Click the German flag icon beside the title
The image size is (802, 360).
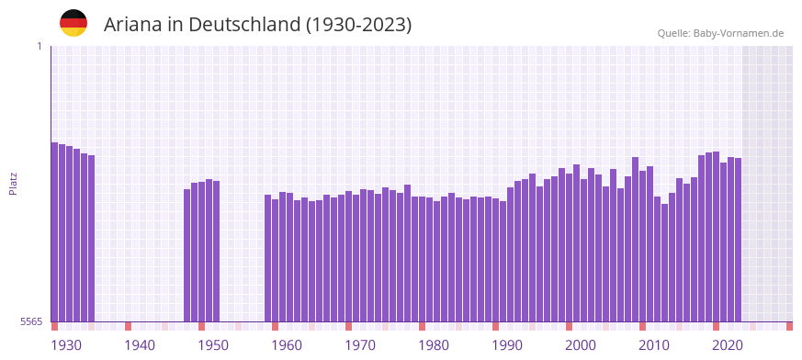[73, 23]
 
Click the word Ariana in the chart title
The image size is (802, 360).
[132, 25]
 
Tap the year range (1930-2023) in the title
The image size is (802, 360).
[358, 25]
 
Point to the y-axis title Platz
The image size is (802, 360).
[13, 184]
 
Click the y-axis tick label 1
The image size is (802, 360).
[40, 46]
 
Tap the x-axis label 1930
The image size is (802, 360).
[65, 345]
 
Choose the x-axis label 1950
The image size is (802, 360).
[212, 345]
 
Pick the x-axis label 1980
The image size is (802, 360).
[433, 345]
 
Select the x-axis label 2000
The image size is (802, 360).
[580, 345]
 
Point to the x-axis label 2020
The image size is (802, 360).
[727, 345]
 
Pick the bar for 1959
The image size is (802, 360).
[268, 258]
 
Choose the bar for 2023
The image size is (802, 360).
[739, 240]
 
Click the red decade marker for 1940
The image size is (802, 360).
[129, 326]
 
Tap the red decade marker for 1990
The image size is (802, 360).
[496, 326]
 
